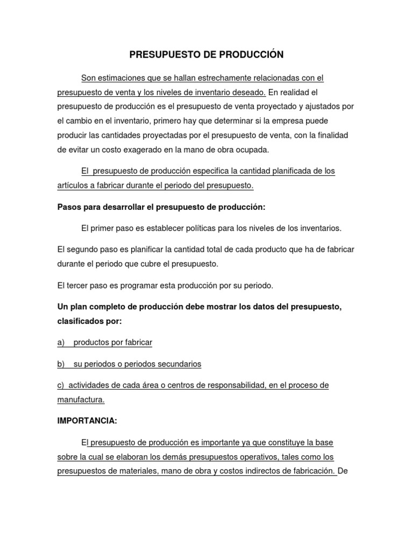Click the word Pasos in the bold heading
click(x=69, y=207)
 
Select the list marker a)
click(x=61, y=342)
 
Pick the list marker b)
click(x=61, y=364)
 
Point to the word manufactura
click(x=81, y=400)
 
